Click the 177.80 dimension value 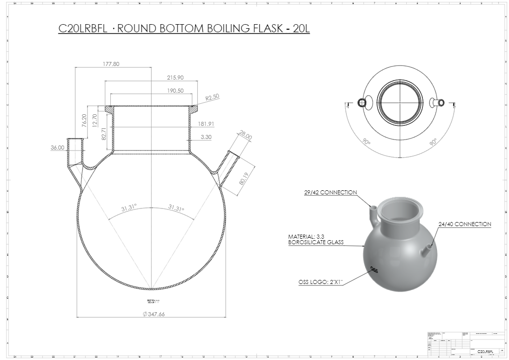tap(105, 64)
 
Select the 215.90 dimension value tap(175, 78)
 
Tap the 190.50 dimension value tap(175, 91)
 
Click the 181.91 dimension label tap(206, 124)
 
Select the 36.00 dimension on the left tap(57, 148)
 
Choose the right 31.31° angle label tap(176, 207)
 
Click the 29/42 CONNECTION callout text tap(330, 192)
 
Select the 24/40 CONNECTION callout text tap(465, 224)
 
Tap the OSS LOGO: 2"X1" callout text tap(321, 282)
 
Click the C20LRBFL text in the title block tap(485, 351)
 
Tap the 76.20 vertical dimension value tap(84, 120)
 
